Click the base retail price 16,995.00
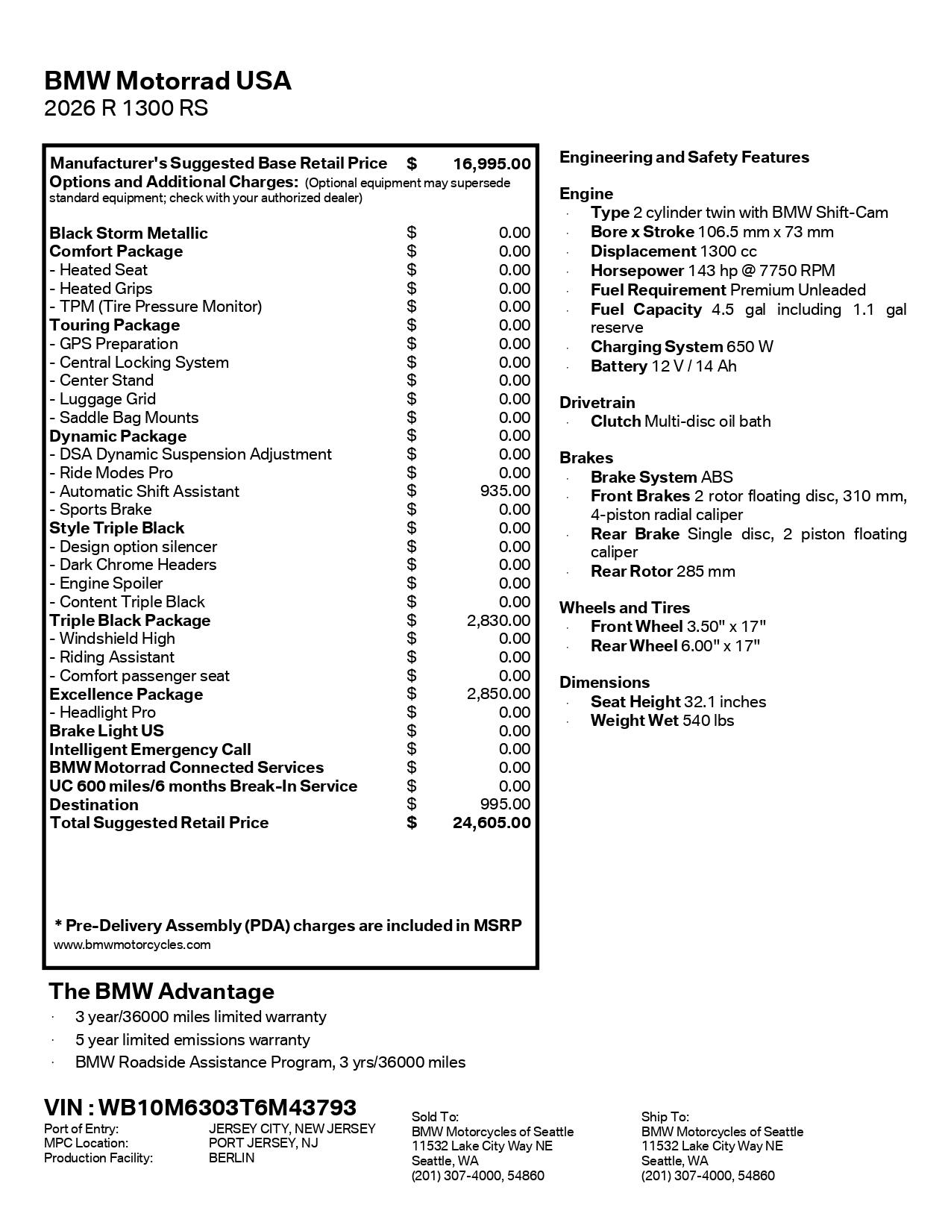(492, 164)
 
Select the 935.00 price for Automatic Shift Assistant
(505, 491)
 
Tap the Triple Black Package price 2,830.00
(498, 621)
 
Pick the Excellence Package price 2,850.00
(498, 695)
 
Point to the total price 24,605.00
(492, 823)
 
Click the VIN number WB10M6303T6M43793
(227, 1107)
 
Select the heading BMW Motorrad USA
(168, 81)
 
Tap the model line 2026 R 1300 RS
(126, 109)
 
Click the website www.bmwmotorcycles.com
(132, 945)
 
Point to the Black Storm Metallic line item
(128, 234)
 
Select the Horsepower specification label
(637, 271)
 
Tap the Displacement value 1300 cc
(728, 251)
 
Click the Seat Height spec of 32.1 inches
(678, 702)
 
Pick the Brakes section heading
(586, 458)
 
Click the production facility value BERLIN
(231, 1158)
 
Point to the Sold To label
(435, 1117)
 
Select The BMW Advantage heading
(161, 992)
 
